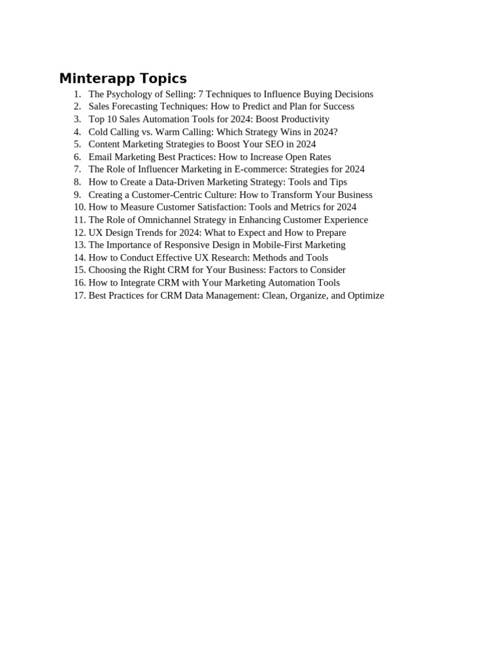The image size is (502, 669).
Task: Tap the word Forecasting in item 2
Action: pyautogui.click(x=138, y=106)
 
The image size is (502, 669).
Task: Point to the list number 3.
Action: pyautogui.click(x=77, y=119)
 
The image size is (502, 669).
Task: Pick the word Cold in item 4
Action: pyautogui.click(x=99, y=132)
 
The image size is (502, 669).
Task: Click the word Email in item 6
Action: pyautogui.click(x=101, y=157)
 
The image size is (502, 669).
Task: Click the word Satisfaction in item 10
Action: pyautogui.click(x=213, y=207)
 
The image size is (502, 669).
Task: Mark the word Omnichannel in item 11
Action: pyautogui.click(x=164, y=220)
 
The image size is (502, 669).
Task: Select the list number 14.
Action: pyautogui.click(x=80, y=257)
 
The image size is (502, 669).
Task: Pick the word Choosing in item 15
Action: pyautogui.click(x=106, y=270)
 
